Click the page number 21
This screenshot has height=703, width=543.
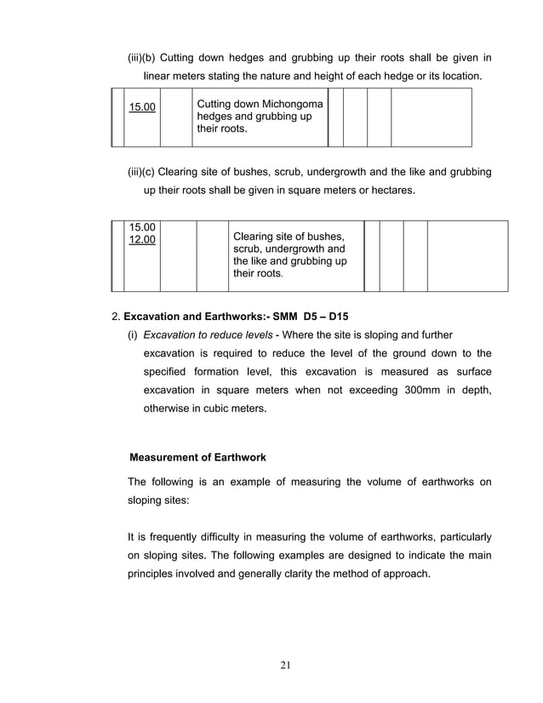pyautogui.click(x=286, y=665)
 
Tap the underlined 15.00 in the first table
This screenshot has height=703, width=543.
pyautogui.click(x=142, y=106)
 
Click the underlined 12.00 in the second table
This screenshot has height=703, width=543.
pyautogui.click(x=142, y=240)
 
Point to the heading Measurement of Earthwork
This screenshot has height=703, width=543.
pyautogui.click(x=197, y=458)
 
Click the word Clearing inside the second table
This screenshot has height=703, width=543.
pyautogui.click(x=254, y=236)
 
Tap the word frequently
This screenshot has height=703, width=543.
pyautogui.click(x=175, y=538)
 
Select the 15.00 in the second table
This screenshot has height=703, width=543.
pyautogui.click(x=142, y=227)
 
